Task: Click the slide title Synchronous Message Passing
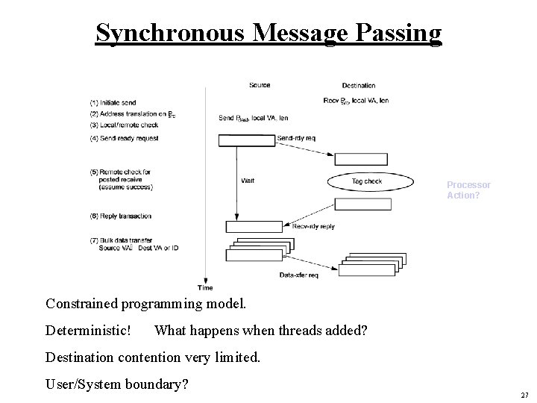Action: click(268, 33)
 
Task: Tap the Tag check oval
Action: click(366, 181)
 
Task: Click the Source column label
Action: click(260, 85)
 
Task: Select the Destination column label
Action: click(359, 85)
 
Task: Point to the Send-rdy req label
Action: click(295, 138)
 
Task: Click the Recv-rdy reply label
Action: click(313, 226)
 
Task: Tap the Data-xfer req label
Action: click(298, 275)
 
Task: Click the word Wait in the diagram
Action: click(248, 181)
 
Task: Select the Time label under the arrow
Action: click(205, 287)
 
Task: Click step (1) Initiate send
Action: click(123, 102)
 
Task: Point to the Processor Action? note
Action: click(468, 190)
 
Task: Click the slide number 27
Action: click(524, 395)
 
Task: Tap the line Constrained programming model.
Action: click(145, 303)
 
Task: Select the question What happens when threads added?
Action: click(260, 330)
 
